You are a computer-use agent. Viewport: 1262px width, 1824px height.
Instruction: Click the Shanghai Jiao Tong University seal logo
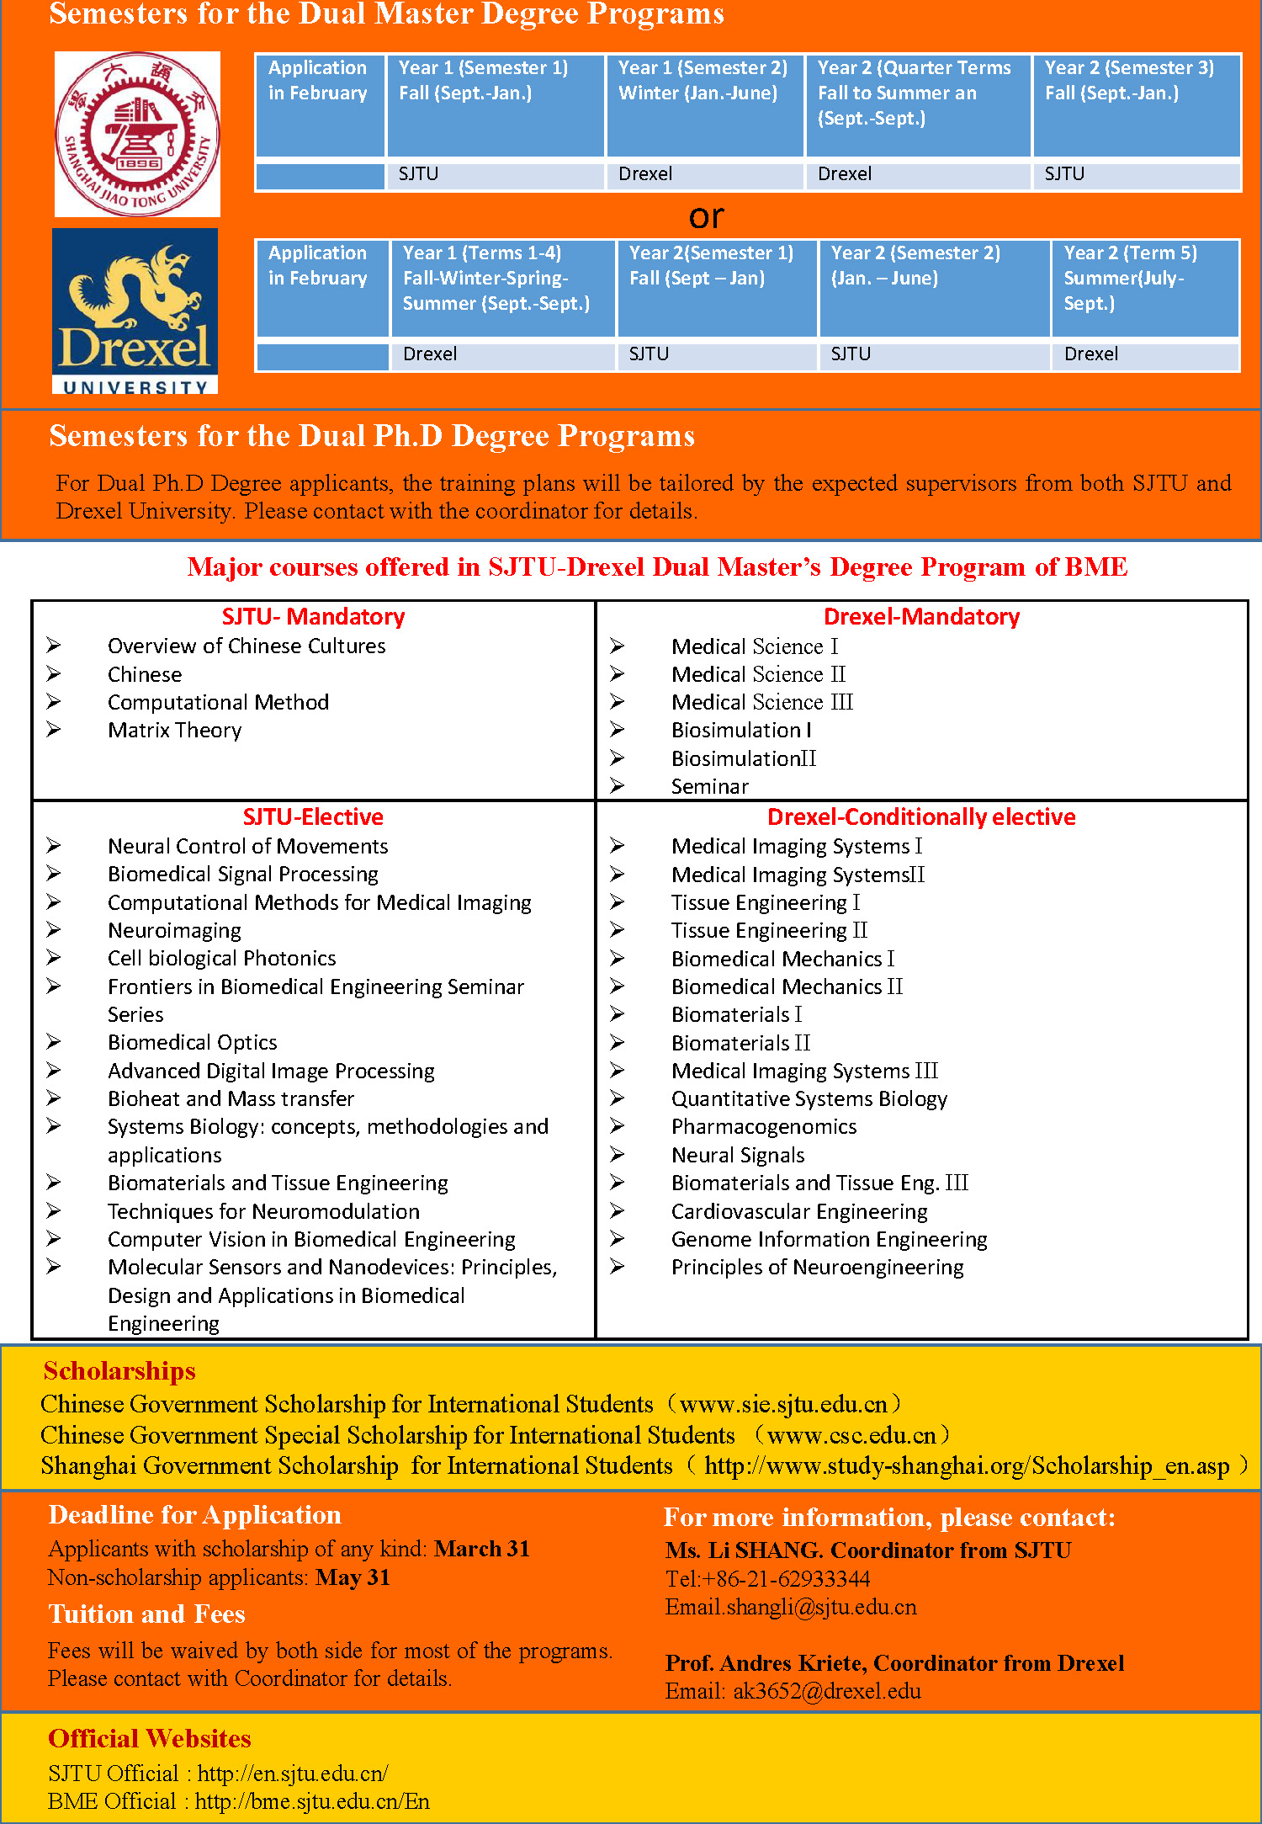[137, 134]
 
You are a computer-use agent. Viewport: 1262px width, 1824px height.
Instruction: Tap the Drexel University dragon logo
[135, 311]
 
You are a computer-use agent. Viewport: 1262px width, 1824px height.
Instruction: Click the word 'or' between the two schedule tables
[706, 217]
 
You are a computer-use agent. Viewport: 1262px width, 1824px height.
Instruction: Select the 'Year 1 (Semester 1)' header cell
[495, 105]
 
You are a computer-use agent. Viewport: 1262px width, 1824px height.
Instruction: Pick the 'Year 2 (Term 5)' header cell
[1144, 288]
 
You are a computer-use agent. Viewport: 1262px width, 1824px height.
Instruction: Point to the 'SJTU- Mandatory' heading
[313, 617]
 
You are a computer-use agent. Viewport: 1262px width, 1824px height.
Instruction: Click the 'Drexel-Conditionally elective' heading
[921, 817]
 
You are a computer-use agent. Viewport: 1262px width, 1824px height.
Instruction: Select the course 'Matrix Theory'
[174, 731]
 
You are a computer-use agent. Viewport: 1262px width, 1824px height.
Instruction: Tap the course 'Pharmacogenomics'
[764, 1127]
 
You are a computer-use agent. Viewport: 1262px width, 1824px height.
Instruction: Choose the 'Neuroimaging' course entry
[174, 931]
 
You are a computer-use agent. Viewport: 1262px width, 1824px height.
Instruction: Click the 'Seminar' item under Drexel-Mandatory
[709, 787]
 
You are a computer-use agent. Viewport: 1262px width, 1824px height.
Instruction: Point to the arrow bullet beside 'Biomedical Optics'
[54, 1042]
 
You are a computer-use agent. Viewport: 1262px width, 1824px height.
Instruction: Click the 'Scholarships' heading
[119, 1371]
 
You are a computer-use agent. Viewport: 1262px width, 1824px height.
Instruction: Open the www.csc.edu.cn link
[851, 1435]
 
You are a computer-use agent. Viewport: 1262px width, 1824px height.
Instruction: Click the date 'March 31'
[482, 1550]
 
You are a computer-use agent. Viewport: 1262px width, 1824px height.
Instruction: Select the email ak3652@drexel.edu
[826, 1692]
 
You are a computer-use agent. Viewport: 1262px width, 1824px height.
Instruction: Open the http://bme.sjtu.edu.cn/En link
[312, 1802]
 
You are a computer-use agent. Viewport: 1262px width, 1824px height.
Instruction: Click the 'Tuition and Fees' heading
[146, 1614]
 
